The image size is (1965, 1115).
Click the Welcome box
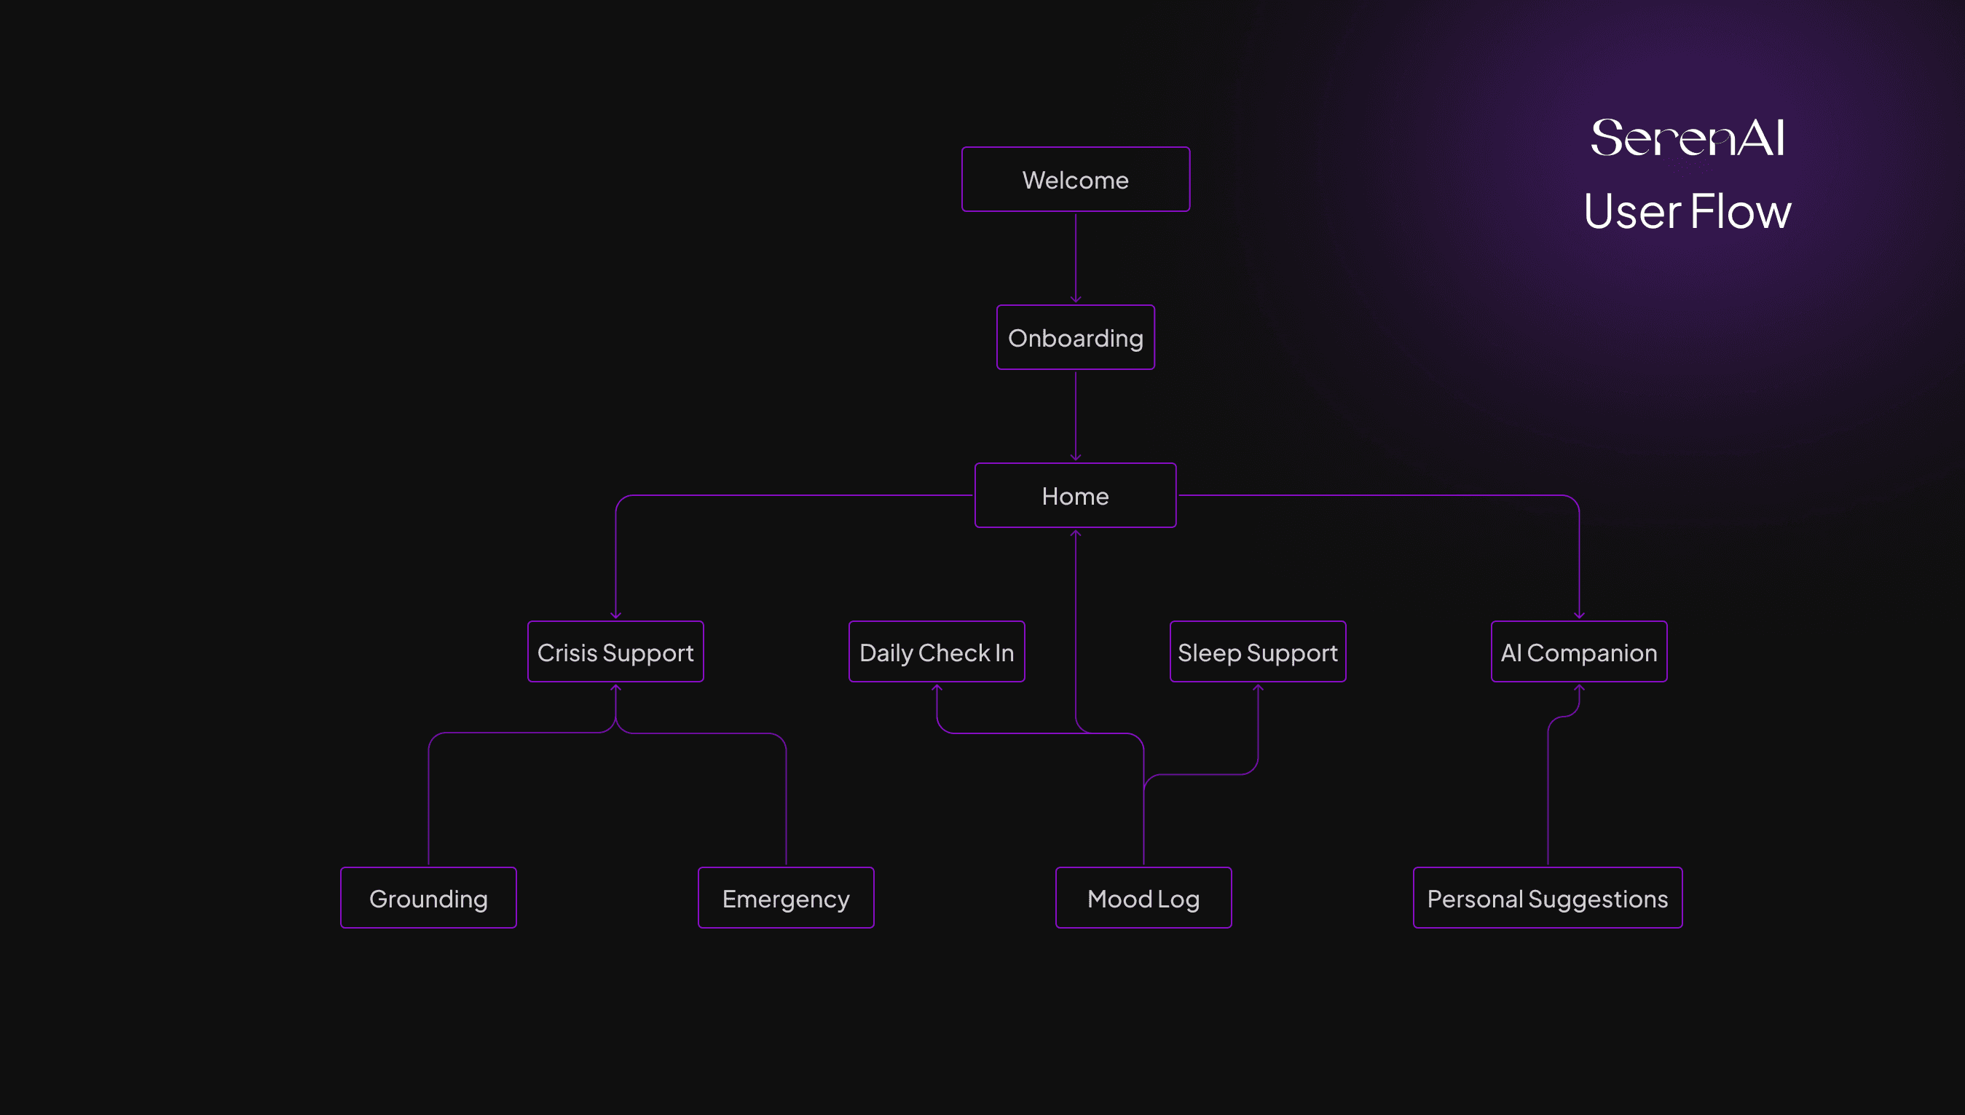(1075, 180)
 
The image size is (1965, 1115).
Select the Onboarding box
(1075, 338)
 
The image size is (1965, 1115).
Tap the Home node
(1075, 495)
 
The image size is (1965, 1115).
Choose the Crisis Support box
(615, 652)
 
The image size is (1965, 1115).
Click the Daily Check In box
(937, 652)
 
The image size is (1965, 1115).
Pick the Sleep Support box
(1257, 652)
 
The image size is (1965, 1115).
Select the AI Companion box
(1578, 652)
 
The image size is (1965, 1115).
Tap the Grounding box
(428, 897)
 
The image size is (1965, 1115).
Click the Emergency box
(786, 897)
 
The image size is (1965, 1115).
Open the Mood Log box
(1143, 897)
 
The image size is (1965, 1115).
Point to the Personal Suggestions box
(1547, 897)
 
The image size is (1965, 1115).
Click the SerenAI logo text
(1687, 138)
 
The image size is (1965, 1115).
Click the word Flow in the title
(1740, 211)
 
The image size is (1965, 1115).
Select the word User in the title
(1632, 211)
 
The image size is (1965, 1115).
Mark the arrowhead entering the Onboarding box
(1075, 299)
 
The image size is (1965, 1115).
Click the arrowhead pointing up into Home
(1075, 534)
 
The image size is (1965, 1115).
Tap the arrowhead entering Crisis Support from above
(615, 615)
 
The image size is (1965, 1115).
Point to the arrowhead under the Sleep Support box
(1257, 688)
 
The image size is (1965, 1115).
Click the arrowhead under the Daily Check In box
(937, 688)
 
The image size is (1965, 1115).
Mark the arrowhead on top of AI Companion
(1579, 615)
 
